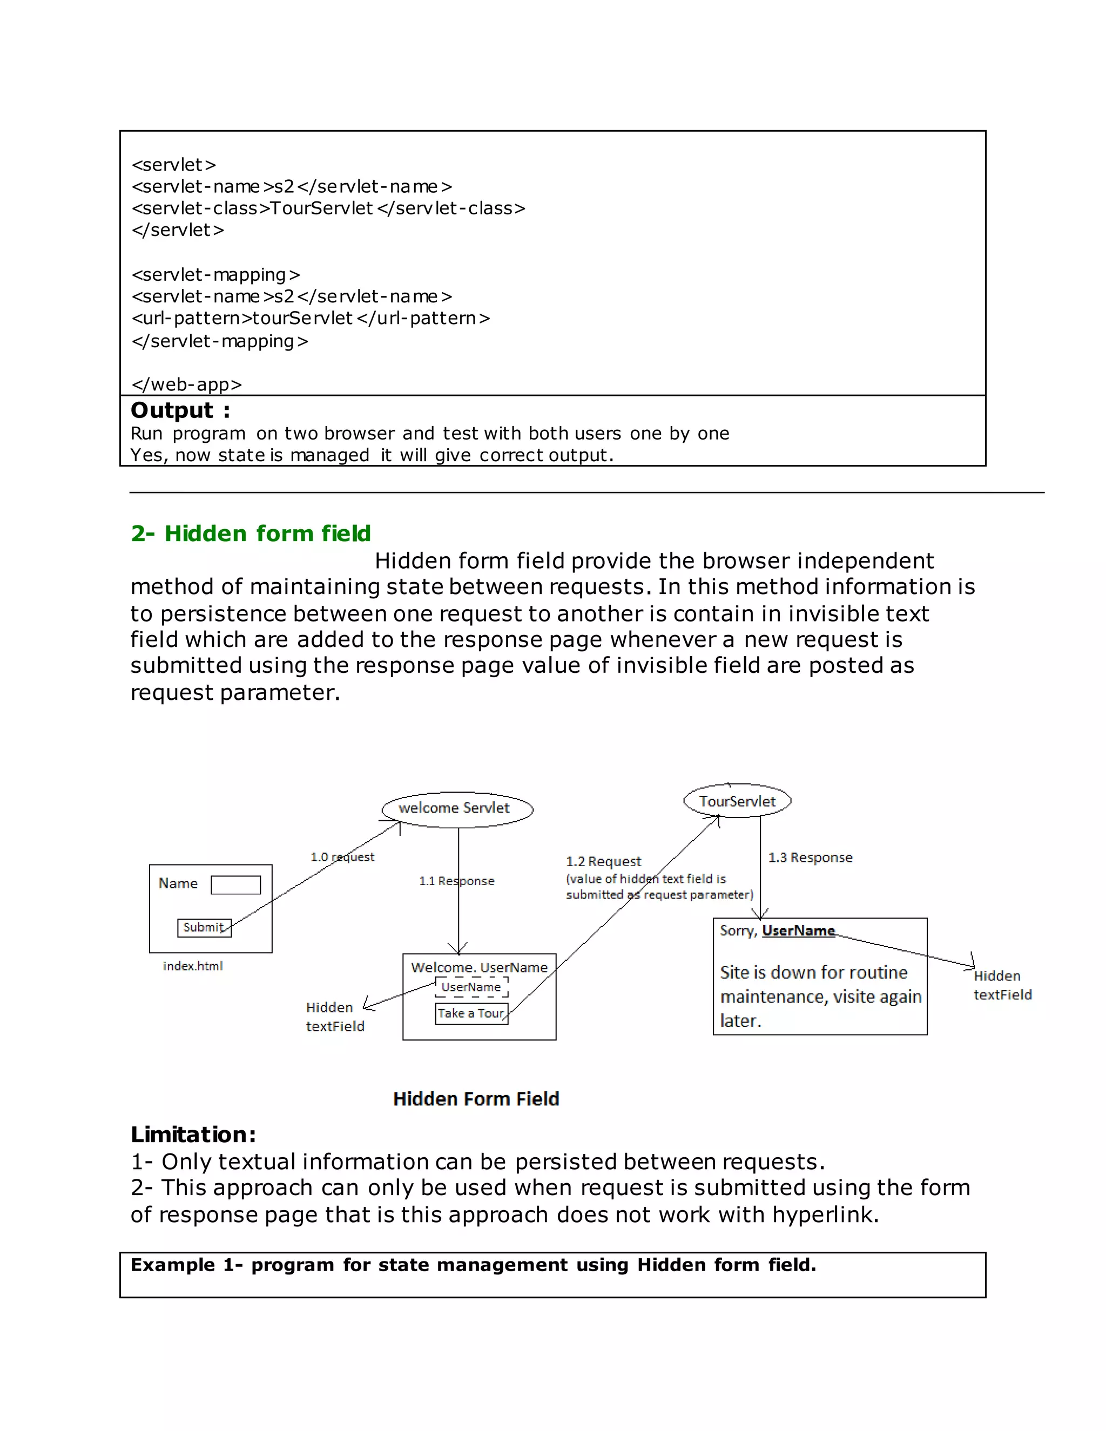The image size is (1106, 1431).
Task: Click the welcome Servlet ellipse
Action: click(457, 808)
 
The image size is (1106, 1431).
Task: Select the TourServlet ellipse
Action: click(737, 801)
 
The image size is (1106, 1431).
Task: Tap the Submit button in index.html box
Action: click(204, 928)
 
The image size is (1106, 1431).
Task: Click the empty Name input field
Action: click(235, 885)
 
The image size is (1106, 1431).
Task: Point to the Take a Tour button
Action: click(471, 1013)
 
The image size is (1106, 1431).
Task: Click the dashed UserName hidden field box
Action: click(471, 987)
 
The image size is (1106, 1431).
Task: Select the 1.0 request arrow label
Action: click(342, 857)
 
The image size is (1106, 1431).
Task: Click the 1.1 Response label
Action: click(457, 881)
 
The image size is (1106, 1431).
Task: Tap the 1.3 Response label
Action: click(810, 858)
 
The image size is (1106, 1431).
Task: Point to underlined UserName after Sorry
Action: click(798, 931)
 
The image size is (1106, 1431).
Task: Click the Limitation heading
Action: click(193, 1134)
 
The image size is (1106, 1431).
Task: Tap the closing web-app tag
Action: click(187, 384)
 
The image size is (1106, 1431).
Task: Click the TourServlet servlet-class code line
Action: click(328, 208)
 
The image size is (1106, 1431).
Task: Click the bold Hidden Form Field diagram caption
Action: click(476, 1099)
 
